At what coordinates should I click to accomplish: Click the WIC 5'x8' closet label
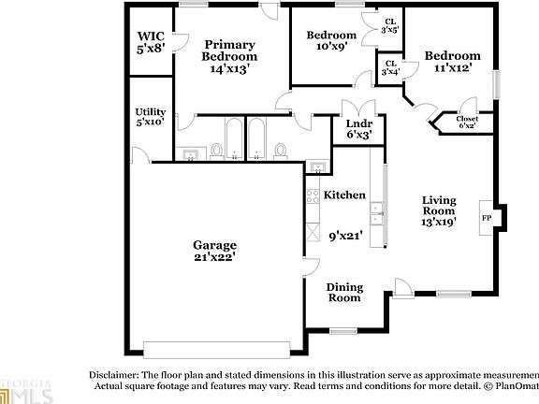[x=151, y=42]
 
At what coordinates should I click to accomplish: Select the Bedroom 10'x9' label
[x=332, y=41]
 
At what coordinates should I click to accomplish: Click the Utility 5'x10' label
[x=151, y=116]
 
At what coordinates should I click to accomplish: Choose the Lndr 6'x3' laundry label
[x=359, y=128]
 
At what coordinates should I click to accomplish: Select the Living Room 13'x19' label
[x=439, y=211]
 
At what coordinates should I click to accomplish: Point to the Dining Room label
[x=343, y=292]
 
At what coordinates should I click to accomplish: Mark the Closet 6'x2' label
[x=468, y=122]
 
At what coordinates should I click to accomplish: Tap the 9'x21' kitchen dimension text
[x=343, y=237]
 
